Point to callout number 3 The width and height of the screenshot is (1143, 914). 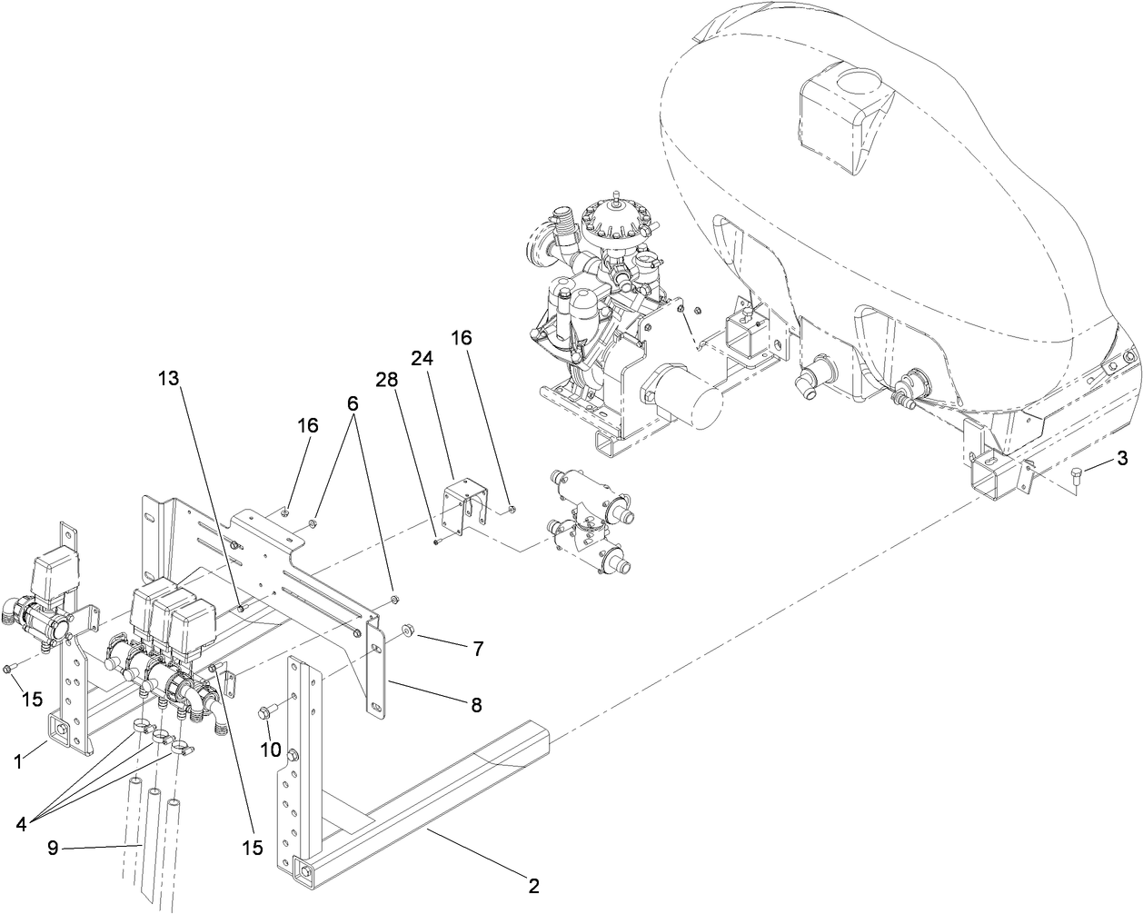click(x=1122, y=457)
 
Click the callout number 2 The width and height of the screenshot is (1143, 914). click(x=533, y=884)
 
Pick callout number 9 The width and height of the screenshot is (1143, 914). click(x=54, y=848)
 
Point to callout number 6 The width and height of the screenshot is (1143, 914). click(x=352, y=402)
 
